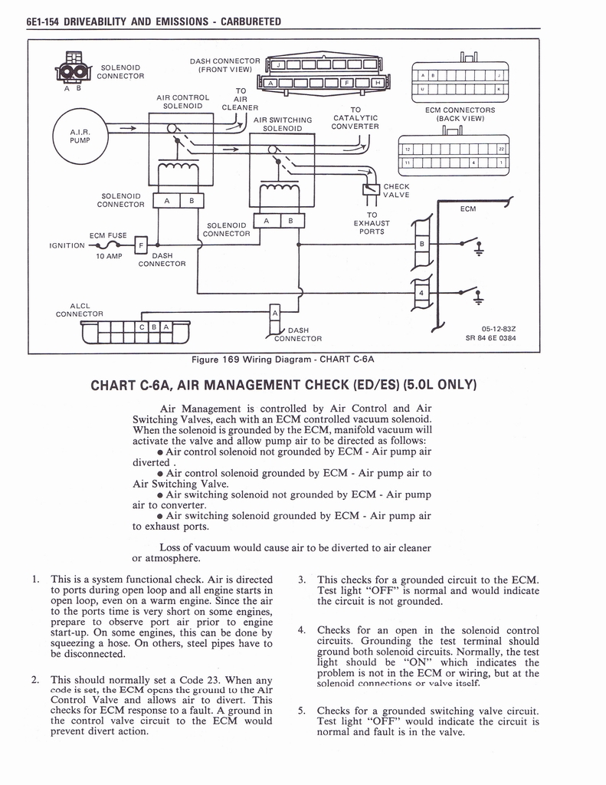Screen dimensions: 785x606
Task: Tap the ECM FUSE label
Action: tap(107, 236)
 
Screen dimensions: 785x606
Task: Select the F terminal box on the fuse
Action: tap(141, 246)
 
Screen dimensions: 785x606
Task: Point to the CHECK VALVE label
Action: tap(396, 190)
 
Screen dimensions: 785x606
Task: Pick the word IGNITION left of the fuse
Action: tap(67, 246)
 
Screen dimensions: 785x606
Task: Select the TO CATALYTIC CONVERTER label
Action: tap(355, 118)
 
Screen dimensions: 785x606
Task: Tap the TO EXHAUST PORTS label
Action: tap(372, 223)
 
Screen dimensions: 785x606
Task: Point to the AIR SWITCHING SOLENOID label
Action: tap(283, 124)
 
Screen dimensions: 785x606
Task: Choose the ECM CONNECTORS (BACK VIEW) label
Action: tap(460, 114)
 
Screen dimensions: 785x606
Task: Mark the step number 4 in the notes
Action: tap(301, 630)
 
